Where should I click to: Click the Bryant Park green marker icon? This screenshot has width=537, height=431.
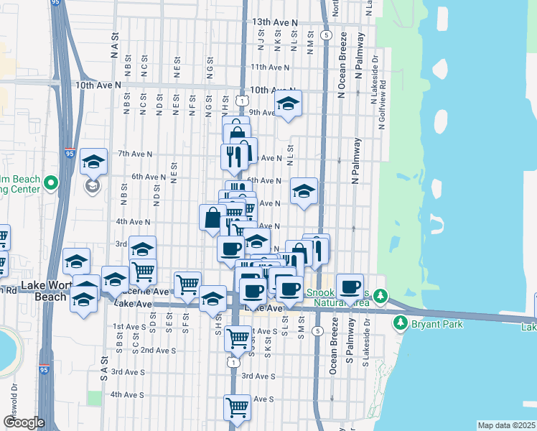401,324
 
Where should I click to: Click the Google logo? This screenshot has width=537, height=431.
23,422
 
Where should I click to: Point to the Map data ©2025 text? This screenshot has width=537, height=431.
506,425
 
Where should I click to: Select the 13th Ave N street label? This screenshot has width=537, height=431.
274,23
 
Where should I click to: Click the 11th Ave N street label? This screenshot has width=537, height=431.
270,67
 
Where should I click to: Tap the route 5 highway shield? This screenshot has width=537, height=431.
327,34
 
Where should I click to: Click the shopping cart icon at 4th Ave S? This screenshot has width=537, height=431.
237,407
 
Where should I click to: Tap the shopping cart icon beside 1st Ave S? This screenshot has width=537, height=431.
237,337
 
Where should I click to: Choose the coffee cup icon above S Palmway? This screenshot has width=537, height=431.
350,287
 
